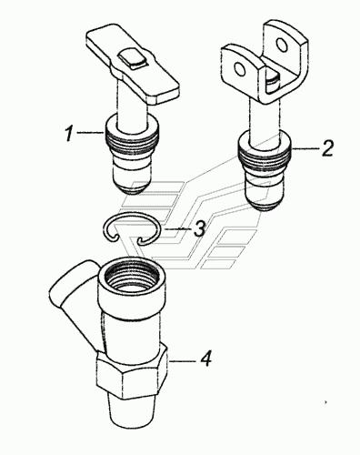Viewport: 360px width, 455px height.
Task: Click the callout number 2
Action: pos(327,148)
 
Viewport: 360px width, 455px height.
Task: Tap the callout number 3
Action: pos(199,228)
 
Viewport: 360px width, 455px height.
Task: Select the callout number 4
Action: pos(206,359)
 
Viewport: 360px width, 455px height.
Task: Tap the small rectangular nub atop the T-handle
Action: pos(133,58)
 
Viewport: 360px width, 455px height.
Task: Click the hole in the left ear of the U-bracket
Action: pos(240,69)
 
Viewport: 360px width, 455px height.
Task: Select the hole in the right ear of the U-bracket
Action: pos(282,45)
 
